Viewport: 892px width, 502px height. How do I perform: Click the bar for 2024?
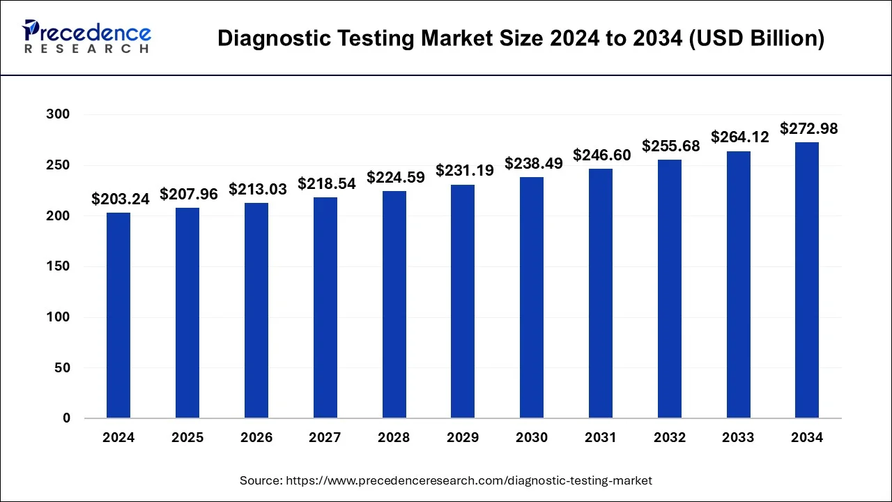click(118, 315)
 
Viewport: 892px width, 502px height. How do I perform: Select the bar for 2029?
click(463, 301)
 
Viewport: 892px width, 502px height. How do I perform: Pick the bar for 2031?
click(600, 294)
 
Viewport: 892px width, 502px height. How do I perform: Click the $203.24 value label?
click(121, 199)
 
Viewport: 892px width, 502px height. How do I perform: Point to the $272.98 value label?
click(808, 128)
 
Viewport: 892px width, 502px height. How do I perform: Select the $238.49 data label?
click(533, 162)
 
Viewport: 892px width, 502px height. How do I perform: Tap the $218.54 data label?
click(327, 183)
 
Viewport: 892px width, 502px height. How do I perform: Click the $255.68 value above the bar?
click(670, 146)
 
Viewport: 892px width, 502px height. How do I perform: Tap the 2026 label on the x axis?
click(256, 438)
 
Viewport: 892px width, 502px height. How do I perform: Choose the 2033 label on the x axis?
click(738, 438)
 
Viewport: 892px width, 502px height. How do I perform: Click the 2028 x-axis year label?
click(394, 438)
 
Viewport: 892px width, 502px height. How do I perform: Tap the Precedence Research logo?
click(86, 36)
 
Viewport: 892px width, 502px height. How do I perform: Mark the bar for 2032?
click(669, 289)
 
